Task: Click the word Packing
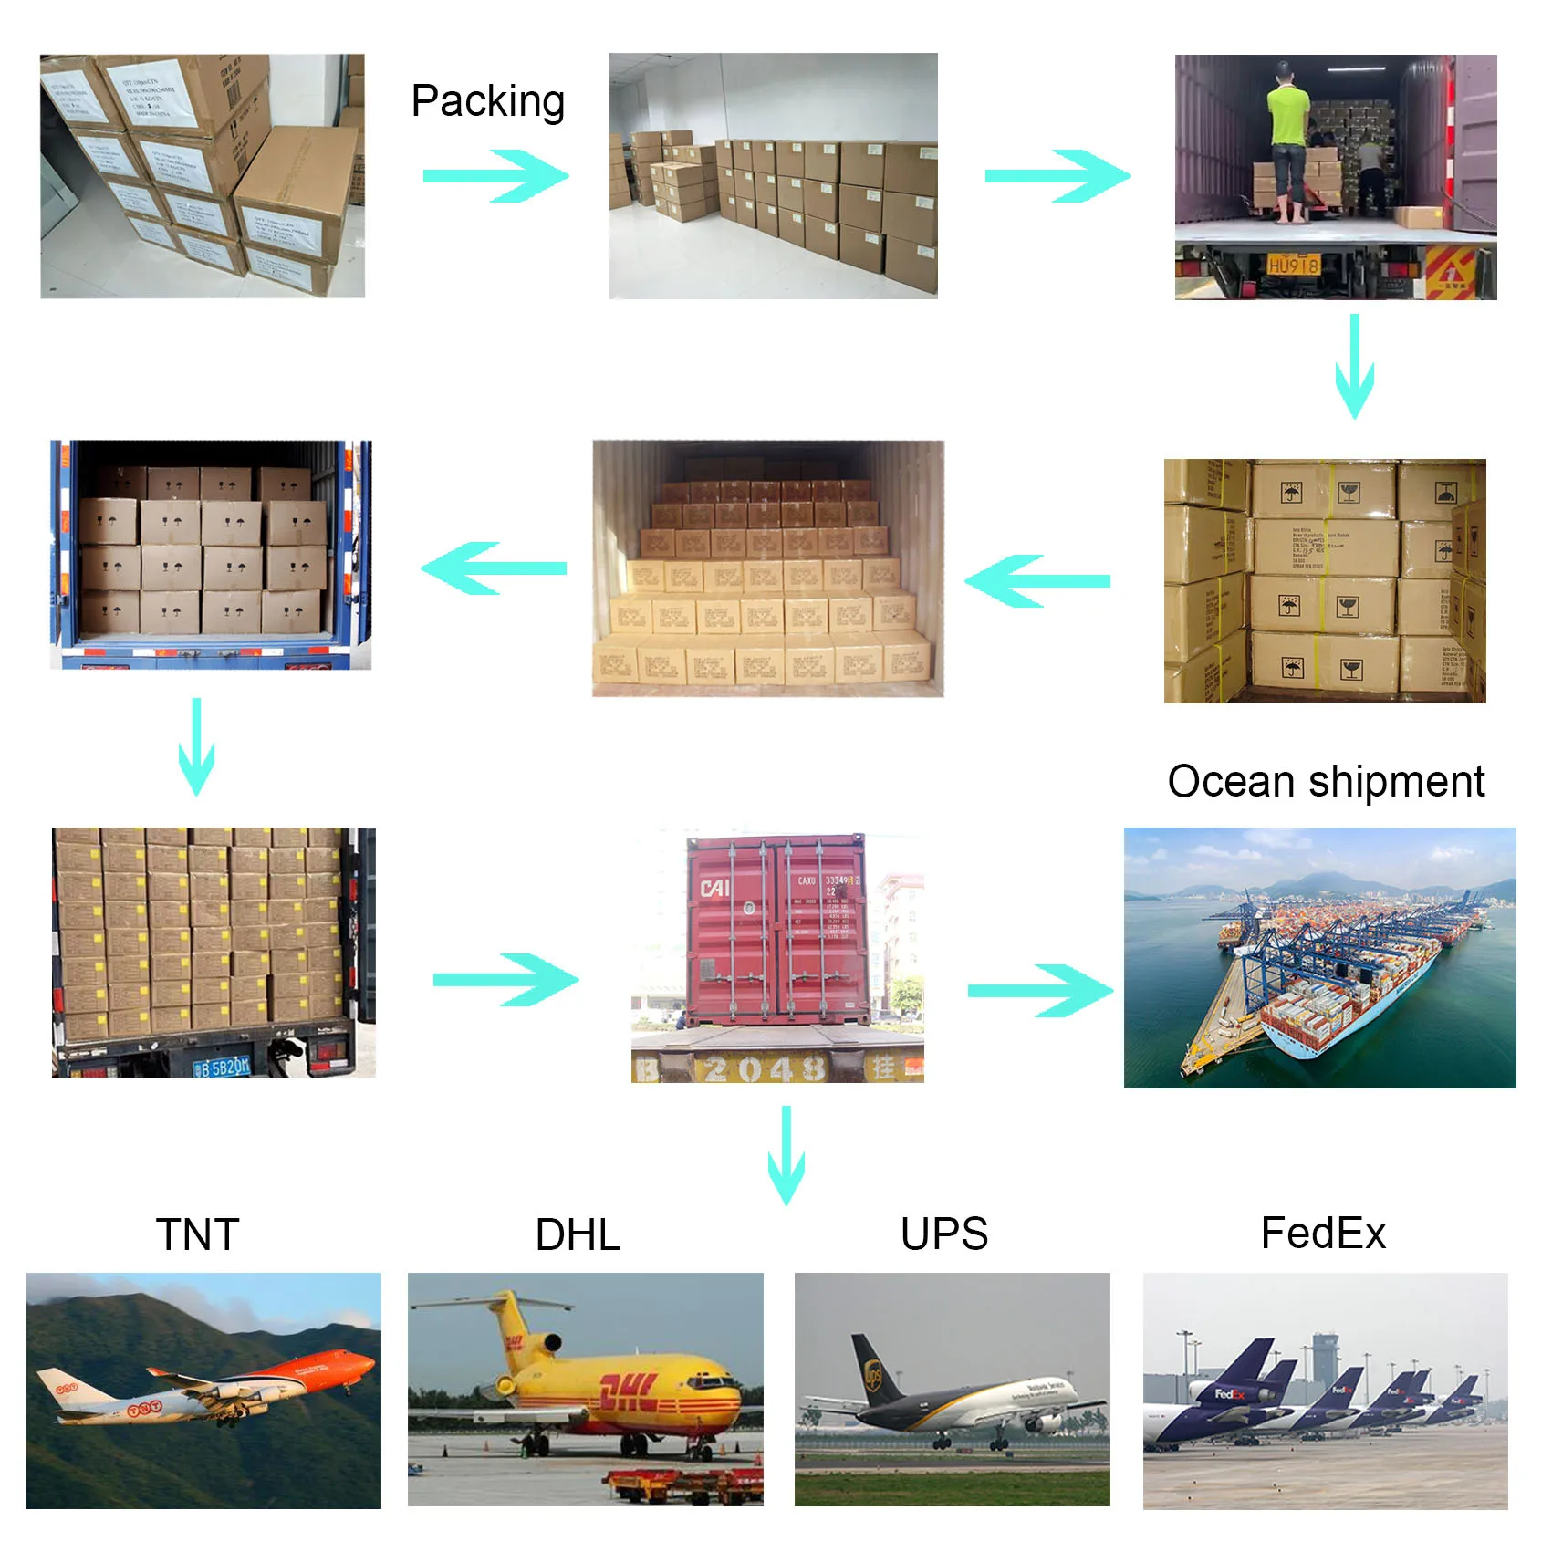487,102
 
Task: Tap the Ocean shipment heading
1326,782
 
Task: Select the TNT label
197,1234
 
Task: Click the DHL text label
578,1234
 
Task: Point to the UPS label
943,1234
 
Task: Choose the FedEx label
1323,1234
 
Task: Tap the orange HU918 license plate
1293,266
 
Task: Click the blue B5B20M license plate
223,1066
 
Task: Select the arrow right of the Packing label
495,176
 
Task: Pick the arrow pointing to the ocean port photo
1040,991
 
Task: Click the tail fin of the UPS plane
871,1370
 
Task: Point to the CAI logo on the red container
714,888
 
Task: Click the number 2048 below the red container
765,1068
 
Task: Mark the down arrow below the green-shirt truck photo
1354,366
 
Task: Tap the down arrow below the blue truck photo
196,746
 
